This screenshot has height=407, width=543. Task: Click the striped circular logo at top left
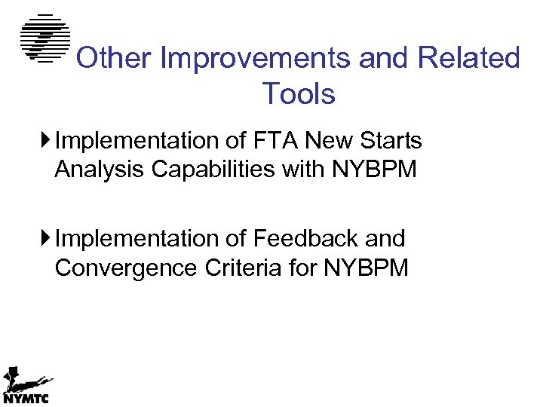pos(44,38)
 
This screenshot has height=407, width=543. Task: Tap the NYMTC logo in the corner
pos(26,387)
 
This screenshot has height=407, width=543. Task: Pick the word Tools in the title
pos(299,94)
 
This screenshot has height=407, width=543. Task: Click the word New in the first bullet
pos(327,141)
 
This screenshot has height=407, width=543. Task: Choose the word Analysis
pos(100,170)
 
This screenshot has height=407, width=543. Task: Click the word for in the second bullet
pos(301,268)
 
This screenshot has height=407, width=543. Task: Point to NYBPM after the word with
pos(374,170)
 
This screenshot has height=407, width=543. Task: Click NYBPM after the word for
pos(366,268)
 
